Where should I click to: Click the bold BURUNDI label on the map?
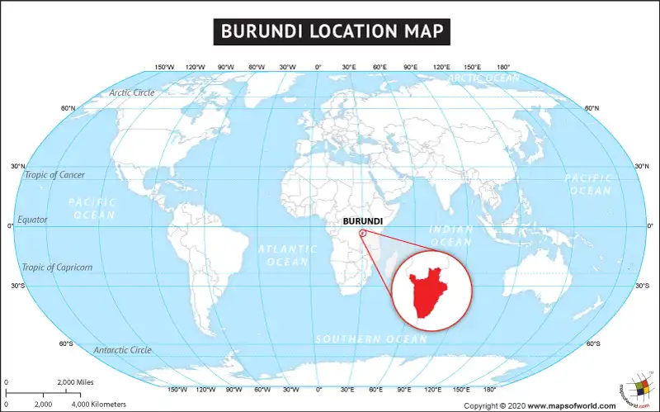[x=362, y=221]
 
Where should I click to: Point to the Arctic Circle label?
[x=132, y=92]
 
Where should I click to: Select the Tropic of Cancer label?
[x=54, y=175]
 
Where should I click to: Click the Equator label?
[x=33, y=220]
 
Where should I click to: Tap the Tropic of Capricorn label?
[x=57, y=268]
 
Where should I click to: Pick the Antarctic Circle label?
[x=122, y=350]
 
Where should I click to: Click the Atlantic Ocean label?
[x=287, y=255]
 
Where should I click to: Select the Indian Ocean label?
[x=451, y=235]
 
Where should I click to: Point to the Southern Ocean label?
[x=371, y=339]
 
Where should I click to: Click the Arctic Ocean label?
[x=483, y=78]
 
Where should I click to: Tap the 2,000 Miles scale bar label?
[x=74, y=382]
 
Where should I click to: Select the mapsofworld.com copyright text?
[x=539, y=405]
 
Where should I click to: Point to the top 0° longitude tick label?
[x=318, y=67]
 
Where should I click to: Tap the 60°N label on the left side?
[x=68, y=108]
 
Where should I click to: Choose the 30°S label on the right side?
[x=642, y=286]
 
